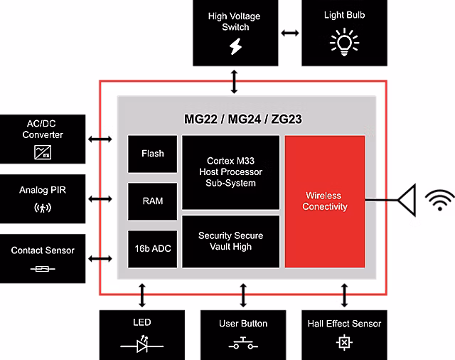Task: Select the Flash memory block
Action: (152, 154)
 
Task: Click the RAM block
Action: (152, 201)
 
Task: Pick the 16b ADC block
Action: (152, 248)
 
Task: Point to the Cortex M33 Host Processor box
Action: (230, 173)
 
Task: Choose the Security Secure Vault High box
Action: (230, 241)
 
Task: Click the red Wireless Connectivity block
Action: (325, 201)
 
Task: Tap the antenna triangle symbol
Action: (407, 201)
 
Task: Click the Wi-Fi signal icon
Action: (440, 201)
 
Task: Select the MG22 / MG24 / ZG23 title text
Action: (242, 119)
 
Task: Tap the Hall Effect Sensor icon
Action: (345, 343)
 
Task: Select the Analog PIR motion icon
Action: (43, 208)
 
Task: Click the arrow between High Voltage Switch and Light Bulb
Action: (289, 33)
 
